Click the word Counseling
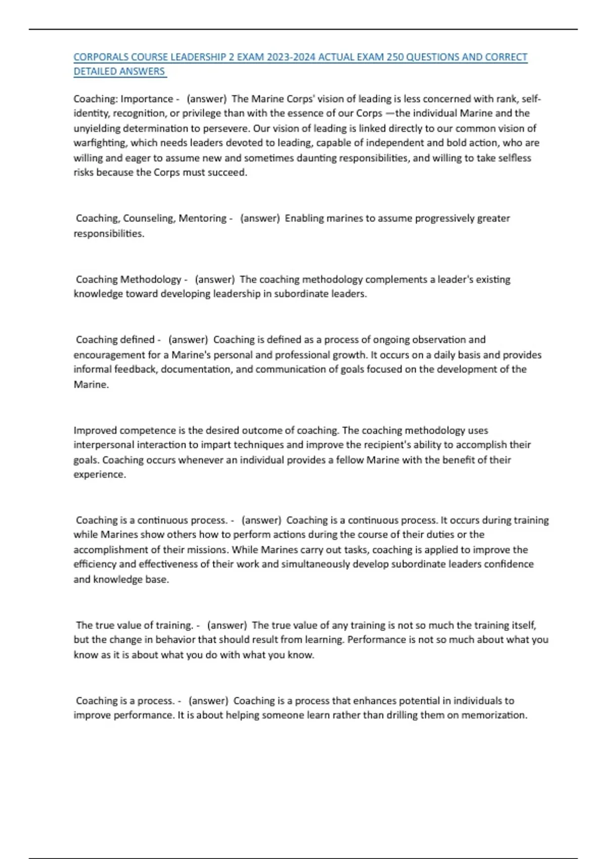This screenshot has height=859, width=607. (148, 218)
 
